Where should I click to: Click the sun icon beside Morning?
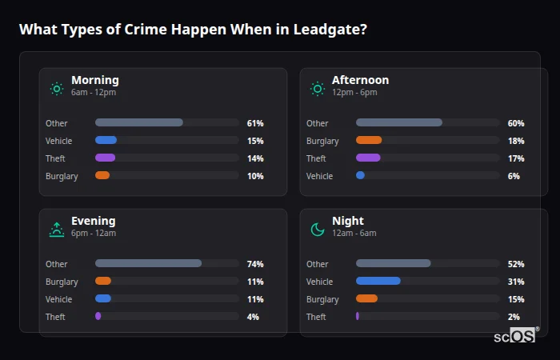click(x=56, y=89)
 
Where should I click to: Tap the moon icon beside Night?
click(x=318, y=230)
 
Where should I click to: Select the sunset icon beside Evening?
click(x=56, y=230)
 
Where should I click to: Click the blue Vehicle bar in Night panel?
click(x=378, y=281)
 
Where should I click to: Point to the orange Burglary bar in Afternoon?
click(x=369, y=141)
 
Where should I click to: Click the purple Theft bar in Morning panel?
click(x=105, y=158)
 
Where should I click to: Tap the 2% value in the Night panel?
click(x=514, y=317)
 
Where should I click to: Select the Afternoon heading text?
click(x=360, y=80)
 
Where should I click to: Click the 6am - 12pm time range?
click(x=94, y=93)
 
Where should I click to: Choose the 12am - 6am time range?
click(x=354, y=234)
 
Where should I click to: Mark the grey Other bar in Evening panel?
click(x=148, y=263)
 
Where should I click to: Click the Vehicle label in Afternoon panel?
click(x=319, y=176)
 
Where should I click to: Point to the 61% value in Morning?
click(x=254, y=123)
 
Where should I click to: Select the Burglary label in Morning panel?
click(x=62, y=176)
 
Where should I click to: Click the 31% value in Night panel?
click(x=515, y=282)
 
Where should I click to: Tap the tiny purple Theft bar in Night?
click(x=358, y=316)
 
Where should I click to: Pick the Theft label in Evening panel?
click(x=55, y=317)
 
